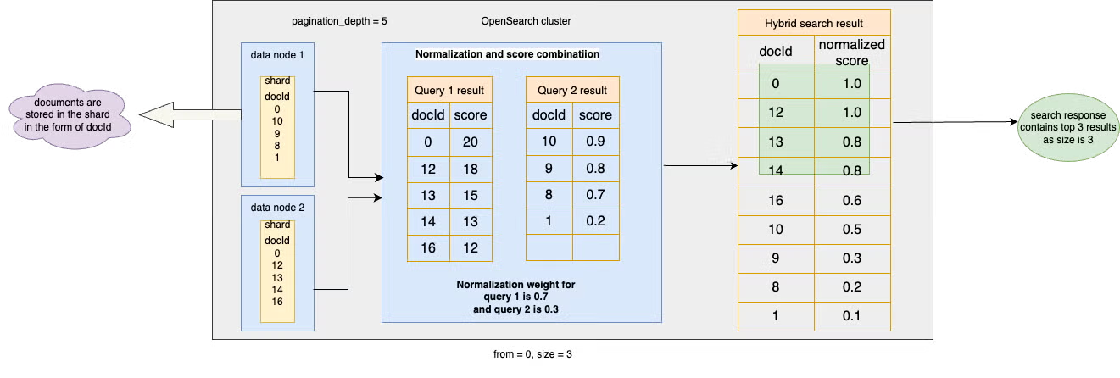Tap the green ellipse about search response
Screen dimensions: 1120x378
coord(1068,127)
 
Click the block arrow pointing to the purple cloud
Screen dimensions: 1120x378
coord(190,115)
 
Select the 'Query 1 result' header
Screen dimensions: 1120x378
coord(449,90)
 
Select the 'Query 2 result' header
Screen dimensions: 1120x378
coord(572,90)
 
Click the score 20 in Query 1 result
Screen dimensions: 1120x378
coord(471,142)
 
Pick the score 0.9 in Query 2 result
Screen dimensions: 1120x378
coord(595,142)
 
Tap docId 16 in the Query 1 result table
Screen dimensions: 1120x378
coord(428,248)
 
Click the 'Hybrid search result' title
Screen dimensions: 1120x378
coord(814,23)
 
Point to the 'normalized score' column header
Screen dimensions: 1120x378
coord(852,52)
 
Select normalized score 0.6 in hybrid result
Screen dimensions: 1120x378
coord(852,201)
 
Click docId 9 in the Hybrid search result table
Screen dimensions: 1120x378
coord(776,258)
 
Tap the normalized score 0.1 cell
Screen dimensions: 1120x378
coord(852,316)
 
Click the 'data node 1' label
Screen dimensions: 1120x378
coord(277,55)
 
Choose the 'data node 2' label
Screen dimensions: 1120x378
coord(277,208)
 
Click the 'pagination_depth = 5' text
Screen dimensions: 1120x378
coord(339,21)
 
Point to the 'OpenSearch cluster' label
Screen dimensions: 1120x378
coord(526,21)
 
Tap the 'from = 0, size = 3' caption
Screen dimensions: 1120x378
coord(532,354)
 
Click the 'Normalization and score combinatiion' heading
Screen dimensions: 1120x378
coord(508,54)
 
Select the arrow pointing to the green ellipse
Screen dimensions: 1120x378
coord(955,122)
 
